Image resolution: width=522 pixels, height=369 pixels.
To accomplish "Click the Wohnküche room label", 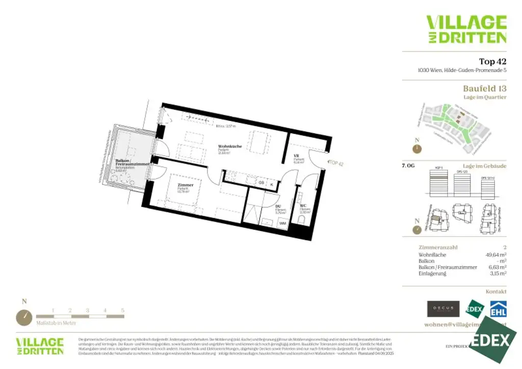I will click(x=229, y=147).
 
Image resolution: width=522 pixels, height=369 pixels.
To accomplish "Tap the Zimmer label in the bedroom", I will click(x=186, y=185).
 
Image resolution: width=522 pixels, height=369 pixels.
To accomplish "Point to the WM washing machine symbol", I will click(x=282, y=223).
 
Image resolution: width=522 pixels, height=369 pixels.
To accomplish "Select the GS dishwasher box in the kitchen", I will click(x=260, y=182).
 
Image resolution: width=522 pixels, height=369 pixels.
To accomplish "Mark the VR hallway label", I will click(x=296, y=155).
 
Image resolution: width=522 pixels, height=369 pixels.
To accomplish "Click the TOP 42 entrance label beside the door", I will click(x=336, y=163).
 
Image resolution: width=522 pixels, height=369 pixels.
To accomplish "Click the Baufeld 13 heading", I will click(x=484, y=89).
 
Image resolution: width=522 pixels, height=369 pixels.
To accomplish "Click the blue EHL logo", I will click(x=498, y=309).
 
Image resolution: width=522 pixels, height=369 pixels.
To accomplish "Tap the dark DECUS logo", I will click(x=443, y=309).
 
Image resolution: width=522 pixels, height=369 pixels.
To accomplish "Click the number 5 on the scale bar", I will click(x=123, y=310).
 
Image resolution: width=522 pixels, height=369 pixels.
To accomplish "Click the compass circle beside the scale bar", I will click(x=24, y=317).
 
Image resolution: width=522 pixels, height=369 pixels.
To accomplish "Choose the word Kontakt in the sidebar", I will click(x=496, y=292).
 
